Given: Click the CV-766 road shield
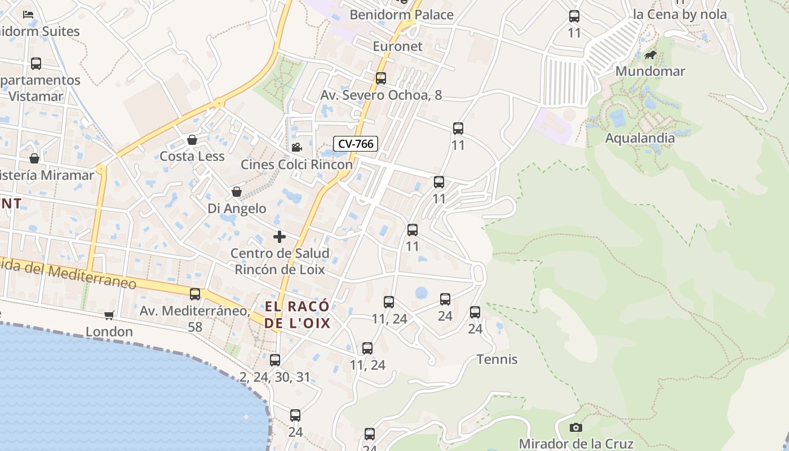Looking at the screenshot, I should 355,144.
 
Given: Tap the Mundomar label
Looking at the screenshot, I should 650,71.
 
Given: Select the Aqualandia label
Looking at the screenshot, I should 640,138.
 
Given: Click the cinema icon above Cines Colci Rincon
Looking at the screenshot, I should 296,148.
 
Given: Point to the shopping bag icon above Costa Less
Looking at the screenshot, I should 192,140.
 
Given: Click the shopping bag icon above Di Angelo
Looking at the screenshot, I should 237,192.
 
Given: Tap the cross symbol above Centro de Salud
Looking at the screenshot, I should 279,237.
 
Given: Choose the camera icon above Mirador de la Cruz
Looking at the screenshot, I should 575,427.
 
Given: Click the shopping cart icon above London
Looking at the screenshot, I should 109,315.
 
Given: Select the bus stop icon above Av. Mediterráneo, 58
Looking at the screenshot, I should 195,294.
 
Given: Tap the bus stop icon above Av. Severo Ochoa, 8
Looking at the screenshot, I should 381,78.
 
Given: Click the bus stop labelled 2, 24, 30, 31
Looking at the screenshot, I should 275,360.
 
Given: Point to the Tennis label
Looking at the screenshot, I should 497,359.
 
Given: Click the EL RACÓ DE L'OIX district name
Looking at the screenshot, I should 297,315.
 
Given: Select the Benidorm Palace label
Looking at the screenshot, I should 401,15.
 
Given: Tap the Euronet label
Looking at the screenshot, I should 397,46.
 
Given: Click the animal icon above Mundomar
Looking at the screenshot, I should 650,55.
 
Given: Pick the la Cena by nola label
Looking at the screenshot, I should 680,15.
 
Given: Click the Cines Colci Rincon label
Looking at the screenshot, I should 296,165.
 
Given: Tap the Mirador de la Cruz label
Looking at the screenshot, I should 576,444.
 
